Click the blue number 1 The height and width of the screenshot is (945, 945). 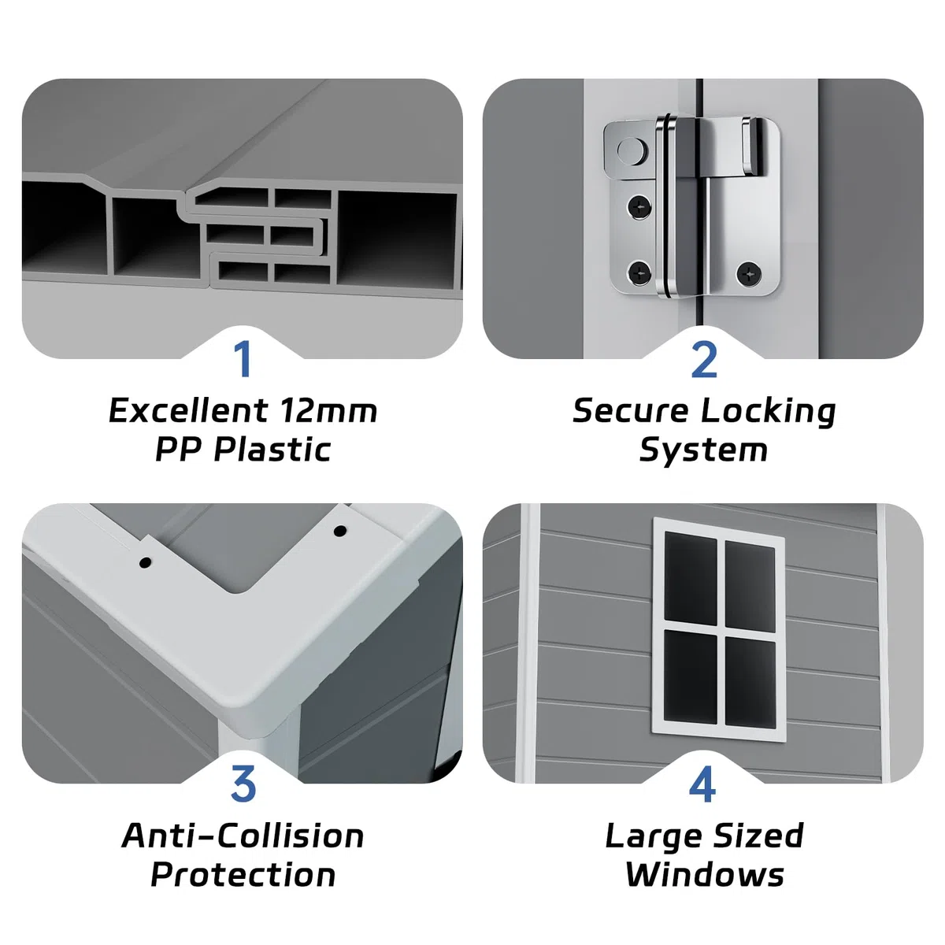tap(243, 359)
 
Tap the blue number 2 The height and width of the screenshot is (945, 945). tap(704, 359)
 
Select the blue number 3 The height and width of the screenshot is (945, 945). tap(243, 784)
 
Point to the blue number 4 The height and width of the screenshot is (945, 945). tap(702, 784)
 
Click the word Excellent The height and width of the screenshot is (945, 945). tap(188, 410)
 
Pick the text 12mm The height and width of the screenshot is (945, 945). tap(329, 410)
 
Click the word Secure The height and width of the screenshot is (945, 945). tap(631, 410)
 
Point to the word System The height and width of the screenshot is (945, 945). tap(703, 451)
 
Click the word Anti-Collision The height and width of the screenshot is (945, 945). tap(243, 836)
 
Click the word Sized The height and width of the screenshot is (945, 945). tap(758, 836)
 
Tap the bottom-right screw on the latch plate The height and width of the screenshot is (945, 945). tap(748, 272)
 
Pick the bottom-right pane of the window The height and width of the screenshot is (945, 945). tap(750, 682)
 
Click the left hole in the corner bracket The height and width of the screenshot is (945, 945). tap(145, 563)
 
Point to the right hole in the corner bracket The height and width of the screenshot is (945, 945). tap(339, 531)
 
